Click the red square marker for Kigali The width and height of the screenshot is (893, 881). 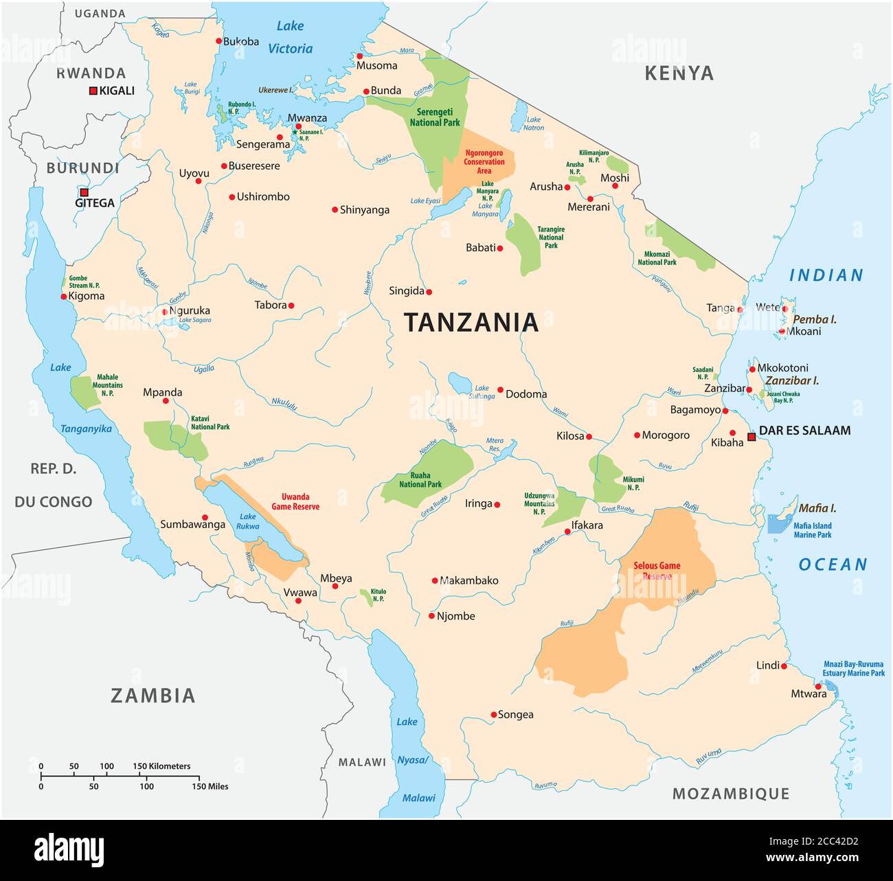[93, 91]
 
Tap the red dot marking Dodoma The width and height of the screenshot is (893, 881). [500, 389]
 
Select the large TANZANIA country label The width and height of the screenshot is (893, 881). [471, 322]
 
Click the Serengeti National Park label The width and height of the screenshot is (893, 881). [435, 117]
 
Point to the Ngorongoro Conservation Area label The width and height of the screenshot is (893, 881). [484, 162]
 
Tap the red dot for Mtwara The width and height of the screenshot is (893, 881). [817, 686]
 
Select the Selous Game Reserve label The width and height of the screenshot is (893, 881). [657, 571]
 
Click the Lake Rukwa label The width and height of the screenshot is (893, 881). [248, 521]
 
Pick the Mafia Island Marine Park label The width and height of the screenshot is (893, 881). [812, 530]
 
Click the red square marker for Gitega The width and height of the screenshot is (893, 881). [84, 192]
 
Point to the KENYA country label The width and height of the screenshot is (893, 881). [679, 73]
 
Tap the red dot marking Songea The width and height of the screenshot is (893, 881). [493, 715]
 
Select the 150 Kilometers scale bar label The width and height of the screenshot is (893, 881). [161, 766]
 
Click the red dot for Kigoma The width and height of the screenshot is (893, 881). [64, 297]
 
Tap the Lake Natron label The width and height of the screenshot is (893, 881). [534, 124]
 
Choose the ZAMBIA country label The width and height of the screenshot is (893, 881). [153, 696]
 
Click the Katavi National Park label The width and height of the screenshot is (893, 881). [210, 422]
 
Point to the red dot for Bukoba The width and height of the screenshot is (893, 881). [218, 41]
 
